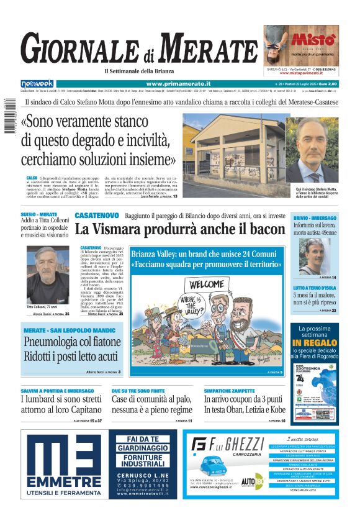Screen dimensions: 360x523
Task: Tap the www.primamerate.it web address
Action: (178, 83)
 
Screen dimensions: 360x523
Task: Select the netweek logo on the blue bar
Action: (37, 83)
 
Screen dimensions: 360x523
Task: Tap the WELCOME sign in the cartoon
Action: (208, 284)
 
